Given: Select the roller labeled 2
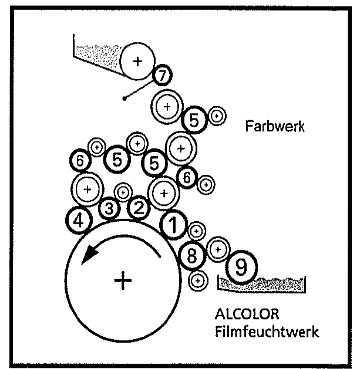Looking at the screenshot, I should tap(139, 206).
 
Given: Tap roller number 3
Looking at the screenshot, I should tap(109, 207).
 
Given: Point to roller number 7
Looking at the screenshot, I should tap(162, 75).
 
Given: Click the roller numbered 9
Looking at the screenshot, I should tap(241, 268).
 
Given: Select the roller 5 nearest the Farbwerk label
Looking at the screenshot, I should tap(194, 120).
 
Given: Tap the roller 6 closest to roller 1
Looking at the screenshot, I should tap(187, 176).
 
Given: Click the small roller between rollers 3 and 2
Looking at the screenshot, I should tap(124, 191).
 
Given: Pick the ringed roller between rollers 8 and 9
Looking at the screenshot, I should tap(218, 249).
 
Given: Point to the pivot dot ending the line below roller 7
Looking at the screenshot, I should tap(125, 99).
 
